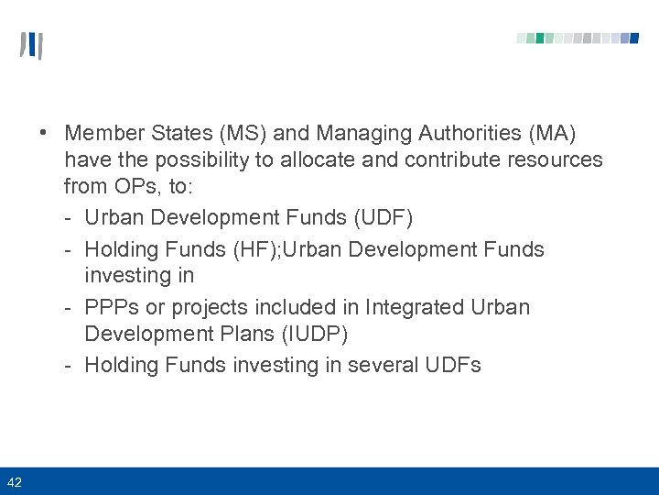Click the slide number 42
pyautogui.click(x=15, y=481)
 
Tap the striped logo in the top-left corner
pyautogui.click(x=31, y=46)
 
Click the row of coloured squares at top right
pyautogui.click(x=578, y=38)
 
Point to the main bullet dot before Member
pyautogui.click(x=44, y=134)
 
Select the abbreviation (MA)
pyautogui.click(x=550, y=134)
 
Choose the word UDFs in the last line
pyautogui.click(x=453, y=365)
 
